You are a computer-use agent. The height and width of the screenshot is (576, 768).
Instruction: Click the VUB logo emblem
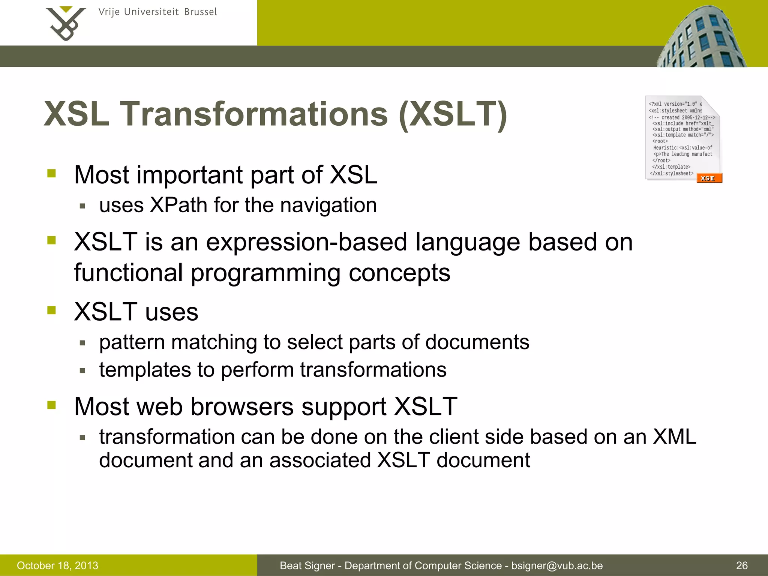click(x=66, y=23)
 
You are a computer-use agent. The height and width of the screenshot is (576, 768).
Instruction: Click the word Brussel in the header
click(x=200, y=12)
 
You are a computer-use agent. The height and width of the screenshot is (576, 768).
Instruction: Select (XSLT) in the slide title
click(x=453, y=115)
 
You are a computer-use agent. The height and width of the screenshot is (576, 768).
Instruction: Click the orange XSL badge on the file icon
click(x=709, y=178)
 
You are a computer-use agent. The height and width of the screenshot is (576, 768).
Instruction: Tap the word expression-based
click(x=306, y=242)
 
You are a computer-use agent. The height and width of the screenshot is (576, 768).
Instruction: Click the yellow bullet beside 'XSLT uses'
click(x=51, y=310)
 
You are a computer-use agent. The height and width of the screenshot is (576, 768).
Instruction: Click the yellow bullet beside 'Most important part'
click(x=51, y=173)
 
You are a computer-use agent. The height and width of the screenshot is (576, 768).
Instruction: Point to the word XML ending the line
click(x=674, y=437)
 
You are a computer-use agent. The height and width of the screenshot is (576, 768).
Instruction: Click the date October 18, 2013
click(x=57, y=565)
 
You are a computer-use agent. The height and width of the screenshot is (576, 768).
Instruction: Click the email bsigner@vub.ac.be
click(x=557, y=565)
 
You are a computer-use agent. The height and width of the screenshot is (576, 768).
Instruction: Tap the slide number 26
click(x=742, y=565)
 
